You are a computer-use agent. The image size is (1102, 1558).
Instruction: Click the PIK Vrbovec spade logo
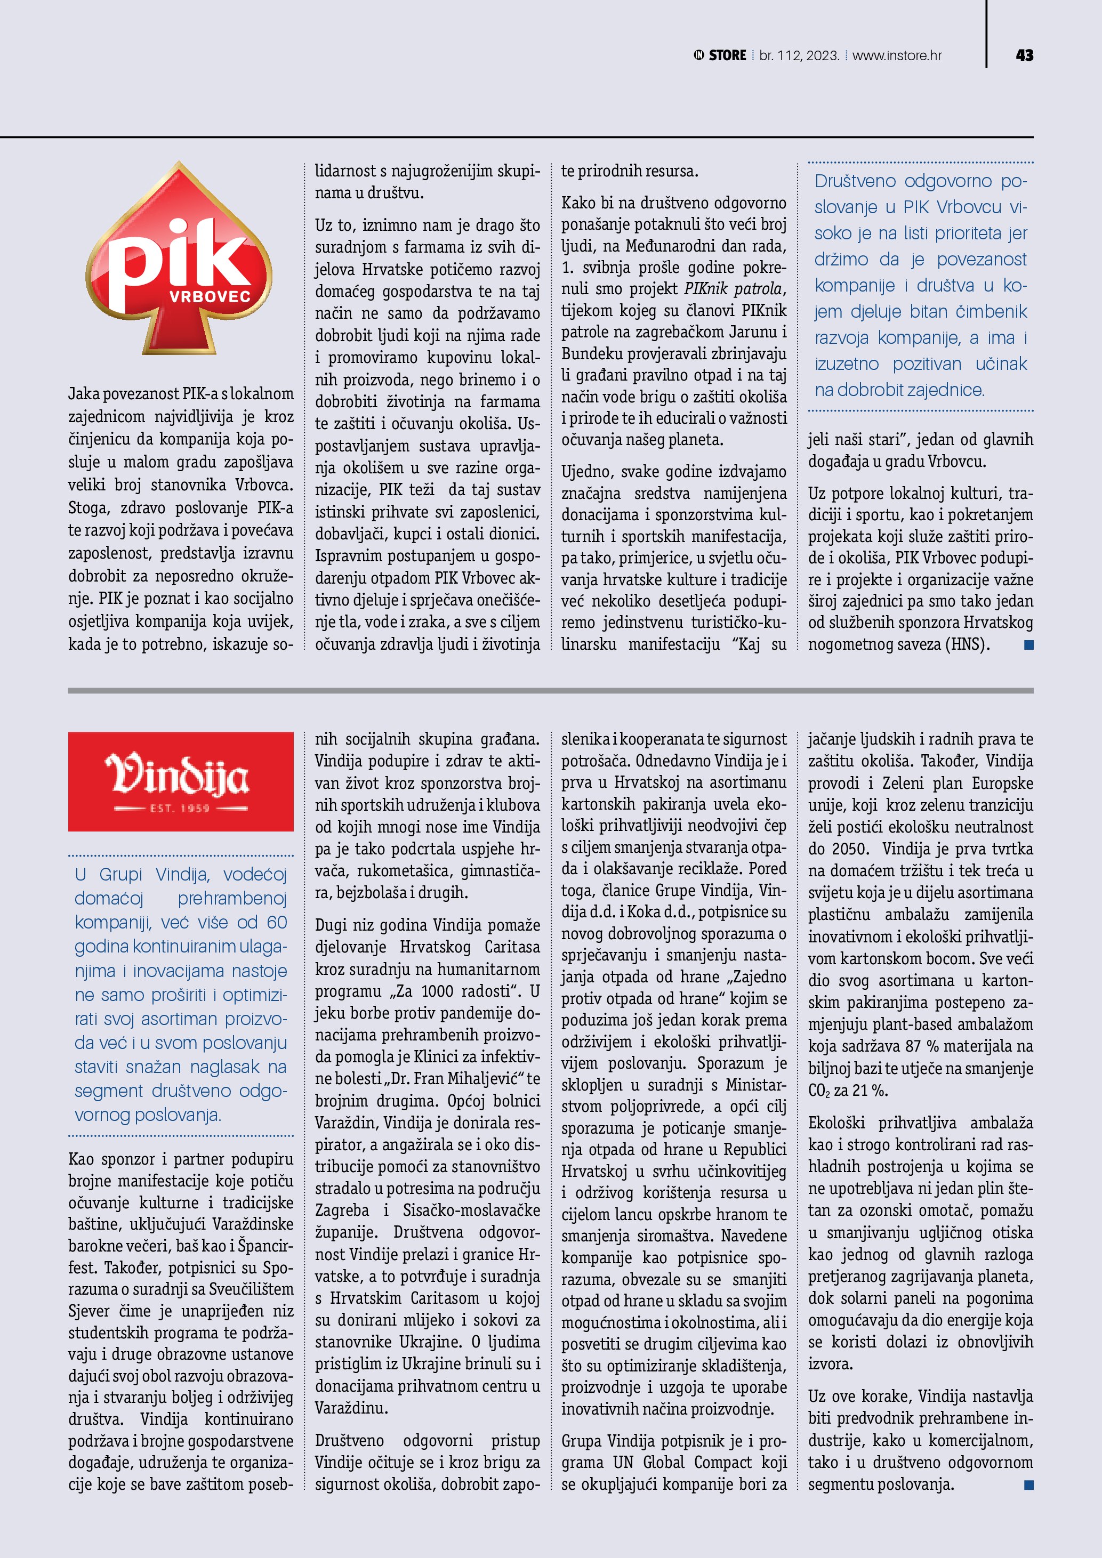pyautogui.click(x=179, y=258)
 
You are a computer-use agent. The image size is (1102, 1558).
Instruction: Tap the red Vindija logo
pyautogui.click(x=181, y=780)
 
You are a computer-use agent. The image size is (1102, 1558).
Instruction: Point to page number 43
pyautogui.click(x=1025, y=55)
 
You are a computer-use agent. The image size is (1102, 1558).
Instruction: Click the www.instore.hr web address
pyautogui.click(x=896, y=55)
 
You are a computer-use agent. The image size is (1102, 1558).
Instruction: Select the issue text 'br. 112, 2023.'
pyautogui.click(x=799, y=55)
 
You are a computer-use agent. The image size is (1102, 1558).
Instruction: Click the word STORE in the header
pyautogui.click(x=727, y=55)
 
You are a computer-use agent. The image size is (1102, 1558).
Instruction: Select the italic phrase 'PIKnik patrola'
pyautogui.click(x=734, y=289)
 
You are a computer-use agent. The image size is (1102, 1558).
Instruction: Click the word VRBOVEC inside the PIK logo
pyautogui.click(x=210, y=296)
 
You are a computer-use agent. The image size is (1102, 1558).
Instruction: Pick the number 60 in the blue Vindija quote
pyautogui.click(x=277, y=923)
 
